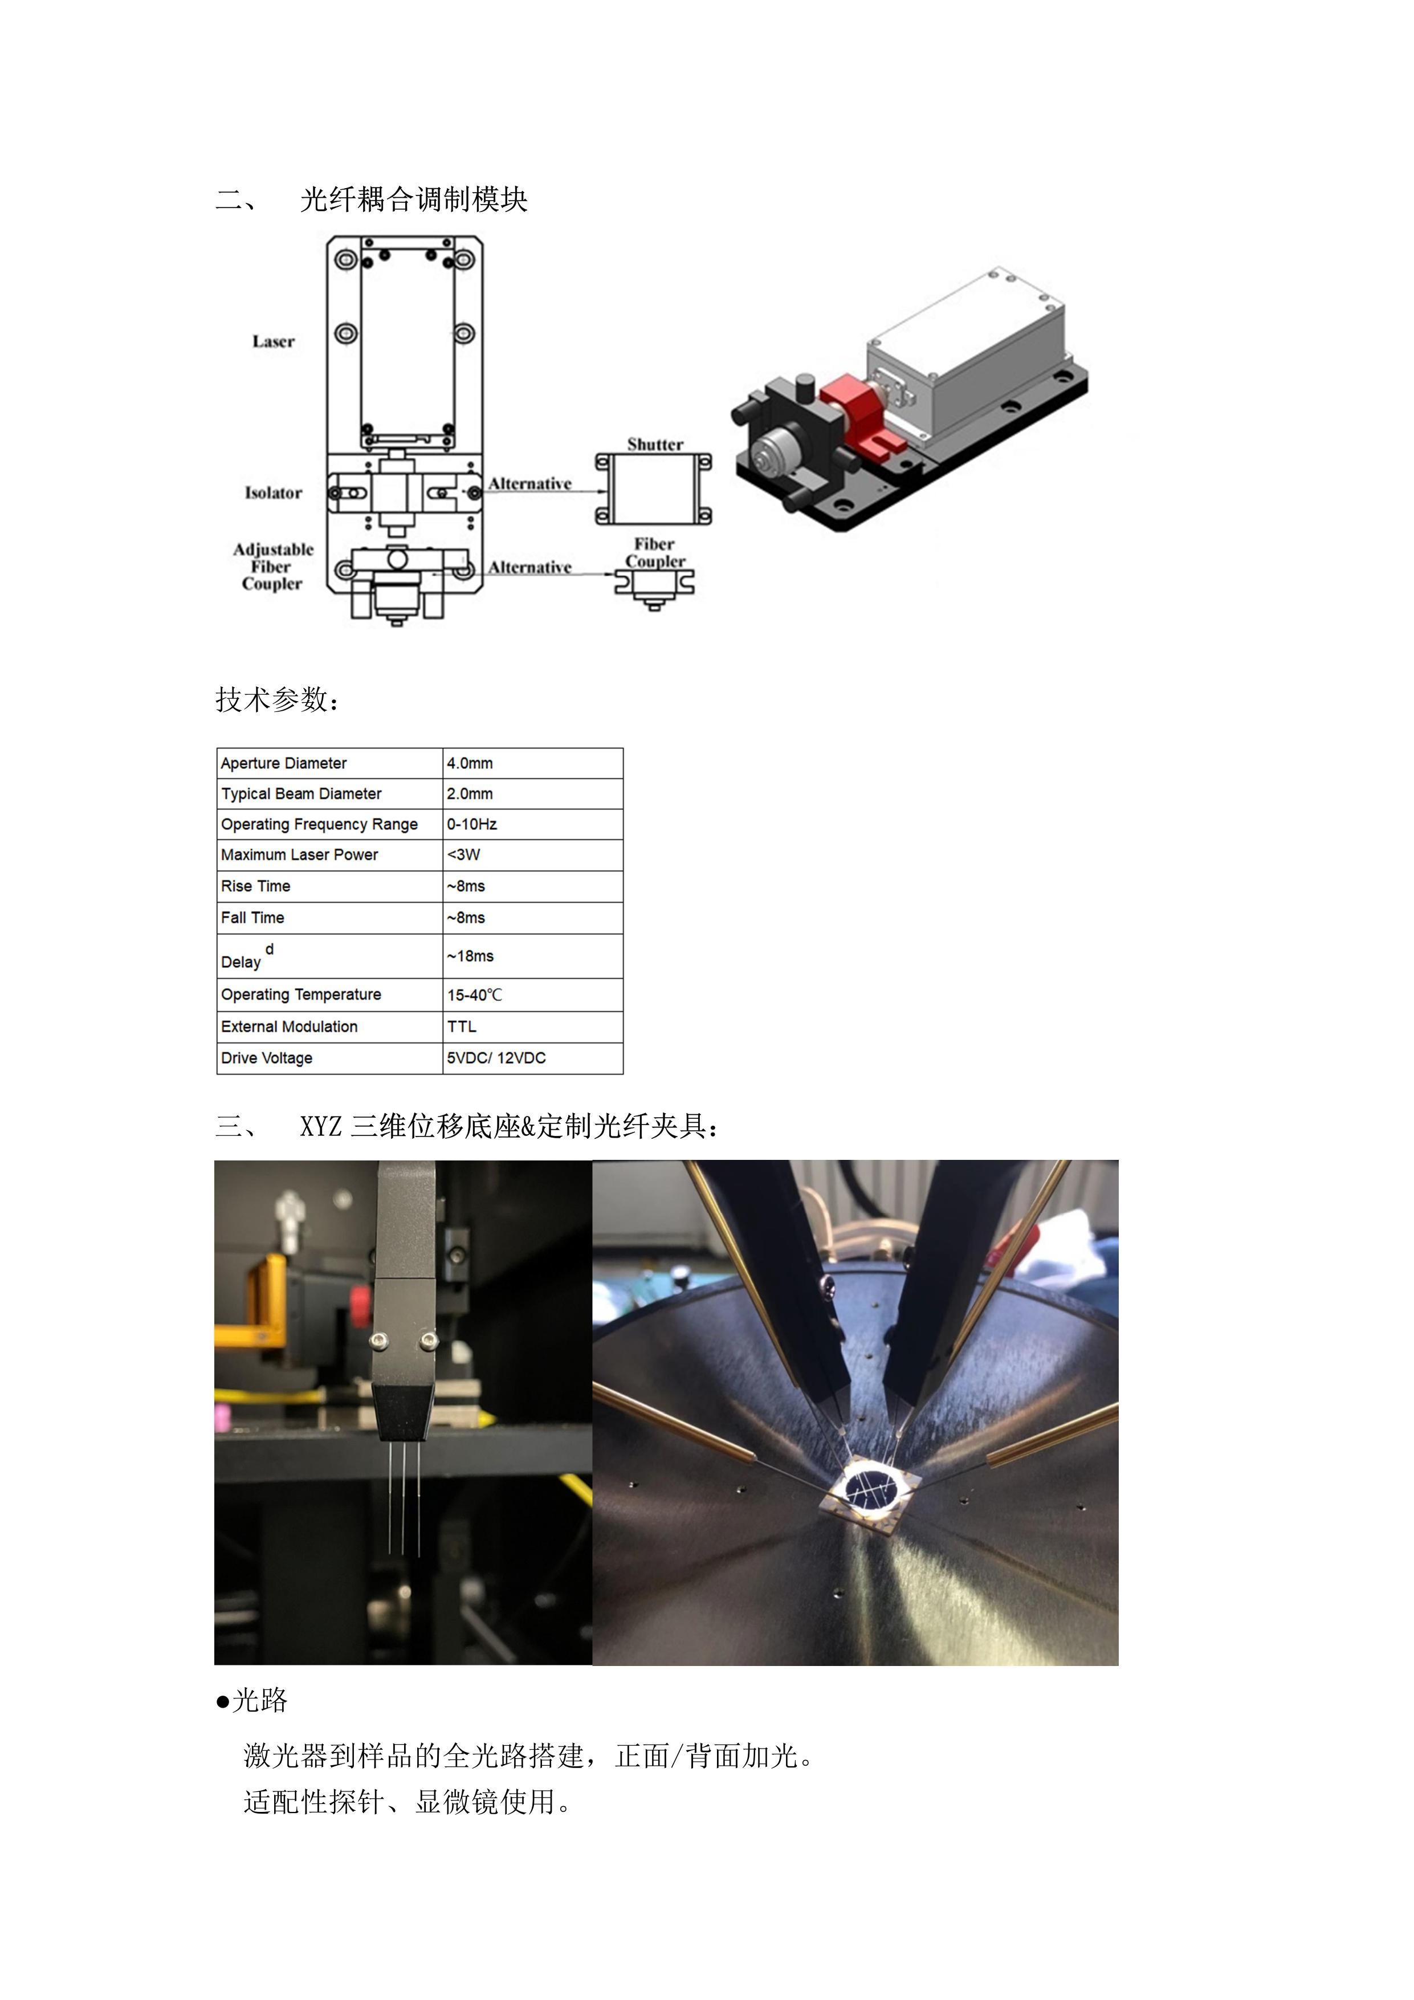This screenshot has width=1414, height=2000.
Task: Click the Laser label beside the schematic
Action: click(x=274, y=341)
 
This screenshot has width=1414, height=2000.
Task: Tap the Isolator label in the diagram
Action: click(x=274, y=493)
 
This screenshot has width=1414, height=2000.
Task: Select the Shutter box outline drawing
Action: click(x=653, y=490)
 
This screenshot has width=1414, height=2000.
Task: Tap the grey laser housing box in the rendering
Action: click(x=967, y=357)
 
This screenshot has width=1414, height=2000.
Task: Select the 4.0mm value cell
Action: click(x=470, y=763)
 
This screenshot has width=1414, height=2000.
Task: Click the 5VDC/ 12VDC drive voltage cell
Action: click(x=496, y=1057)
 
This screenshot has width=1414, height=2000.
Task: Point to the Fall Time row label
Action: click(x=252, y=917)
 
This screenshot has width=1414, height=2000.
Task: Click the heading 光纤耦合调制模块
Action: click(x=414, y=199)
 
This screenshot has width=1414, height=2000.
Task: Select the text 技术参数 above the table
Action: click(x=272, y=699)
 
